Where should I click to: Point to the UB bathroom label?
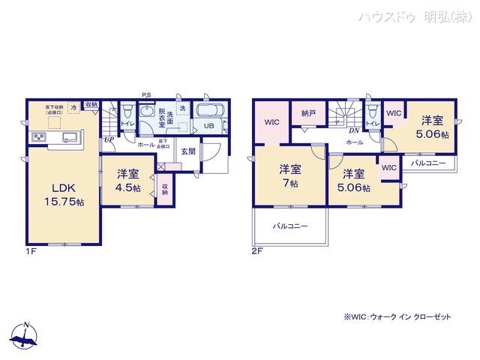[x=209, y=127]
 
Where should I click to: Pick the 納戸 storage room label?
[x=309, y=114]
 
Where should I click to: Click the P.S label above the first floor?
[x=146, y=94]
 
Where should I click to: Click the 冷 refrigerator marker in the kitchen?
[x=73, y=108]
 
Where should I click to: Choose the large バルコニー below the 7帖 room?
[x=289, y=225]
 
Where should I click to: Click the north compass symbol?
[x=25, y=335]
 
